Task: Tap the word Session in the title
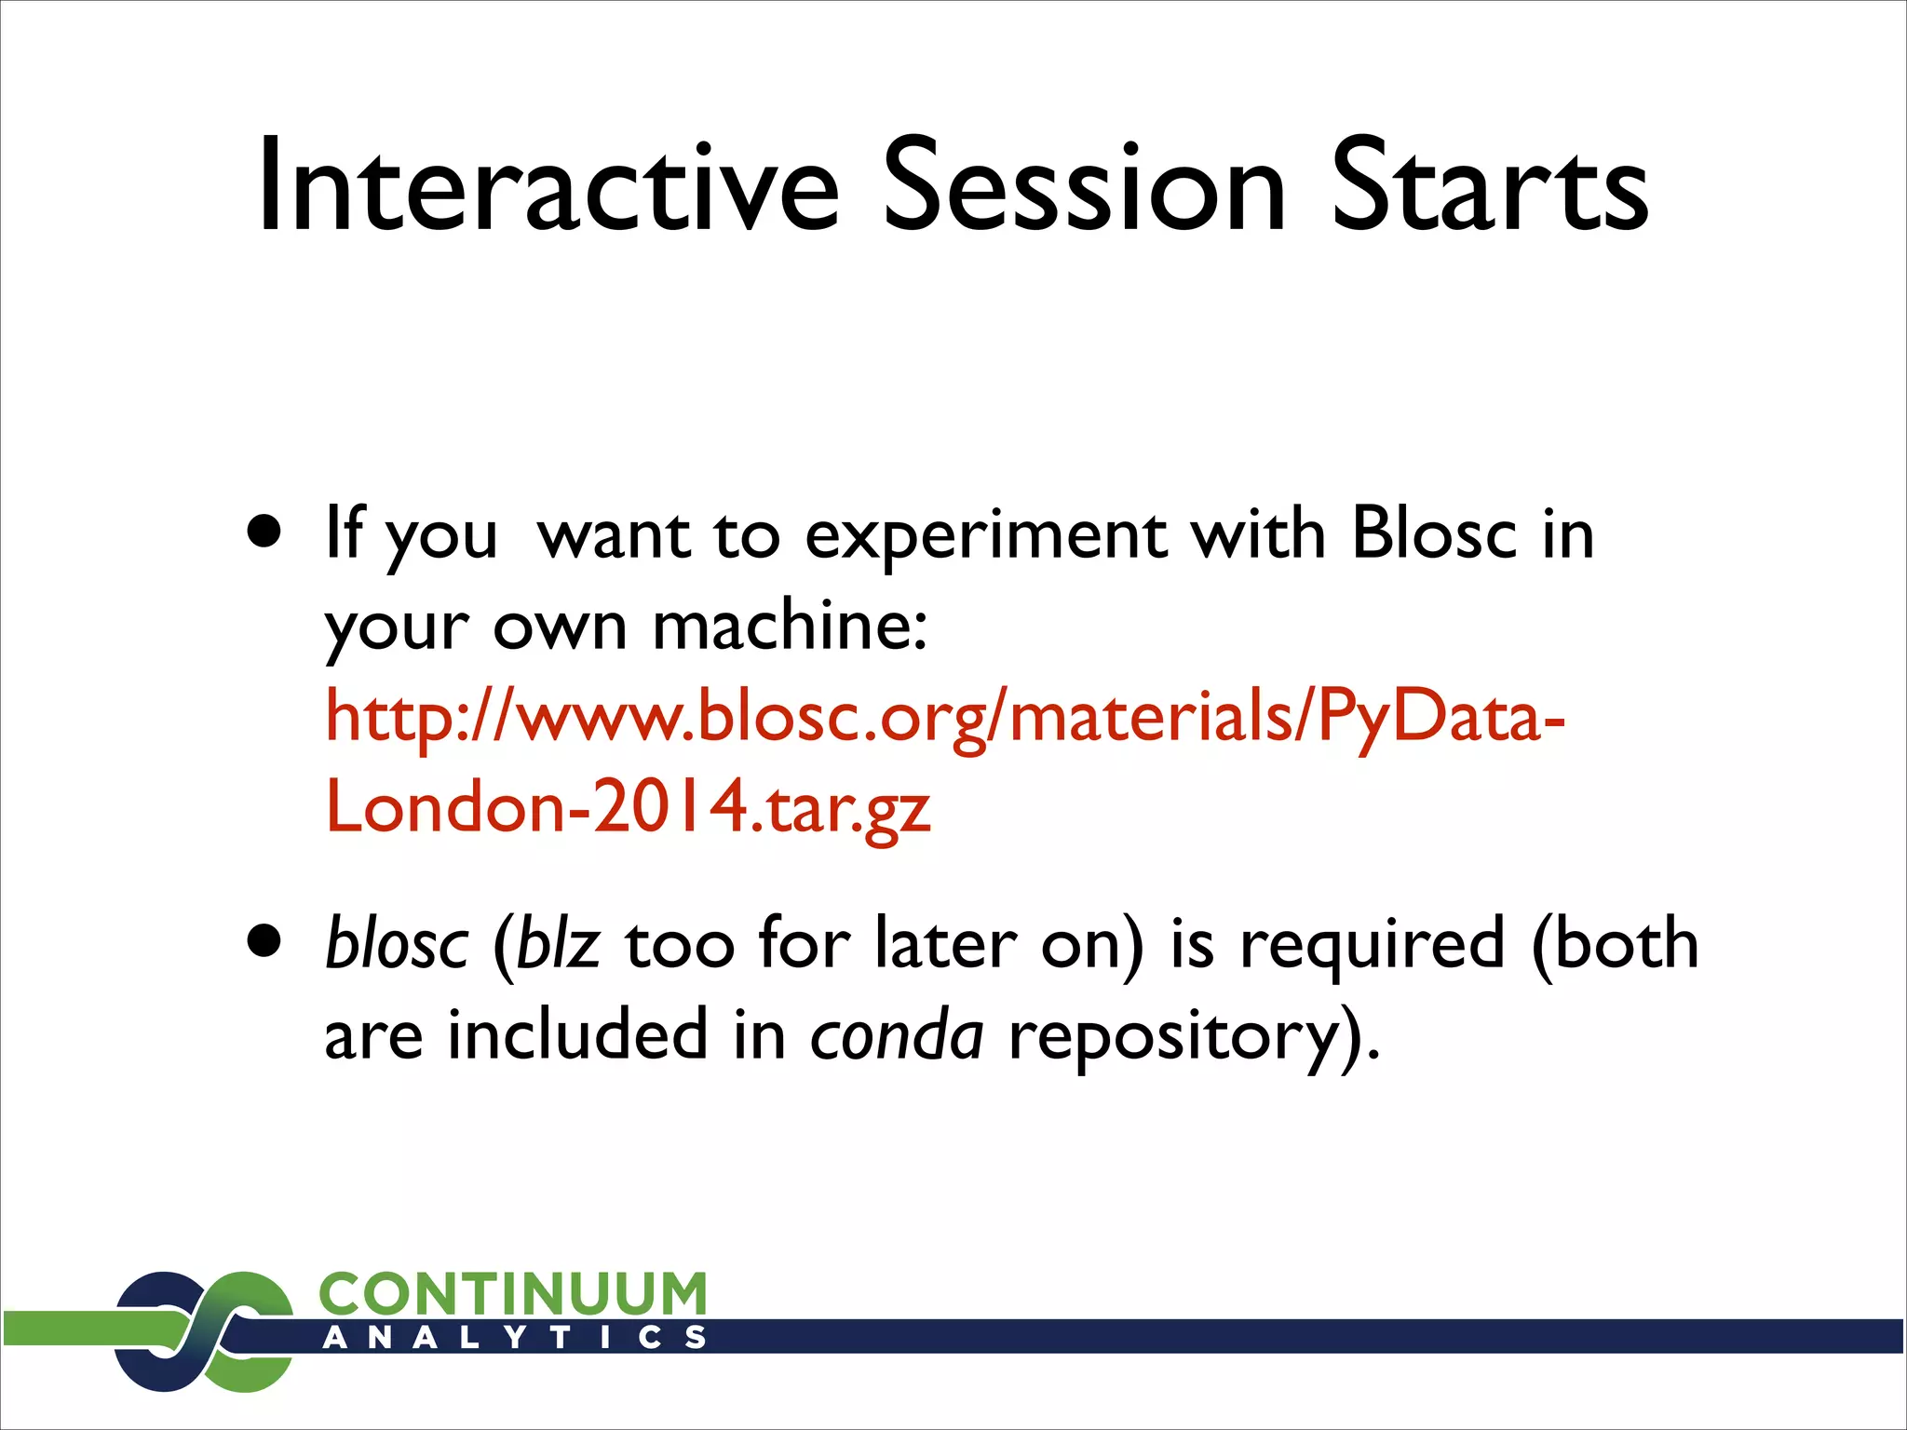[x=1084, y=186]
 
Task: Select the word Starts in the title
[x=1490, y=186]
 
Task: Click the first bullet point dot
[x=265, y=533]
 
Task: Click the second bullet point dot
[x=265, y=942]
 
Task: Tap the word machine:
[x=790, y=626]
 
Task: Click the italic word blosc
[x=397, y=944]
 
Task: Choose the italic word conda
[x=896, y=1035]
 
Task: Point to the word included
[x=577, y=1035]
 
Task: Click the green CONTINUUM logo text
[x=513, y=1294]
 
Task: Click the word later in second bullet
[x=944, y=944]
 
